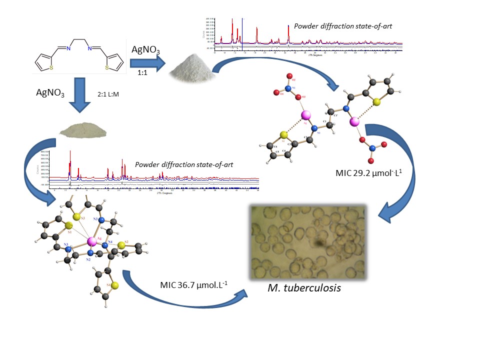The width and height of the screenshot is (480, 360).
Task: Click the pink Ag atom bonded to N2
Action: [91, 242]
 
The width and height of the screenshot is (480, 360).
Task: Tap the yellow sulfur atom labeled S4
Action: [114, 285]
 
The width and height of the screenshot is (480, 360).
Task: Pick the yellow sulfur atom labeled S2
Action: [121, 244]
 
